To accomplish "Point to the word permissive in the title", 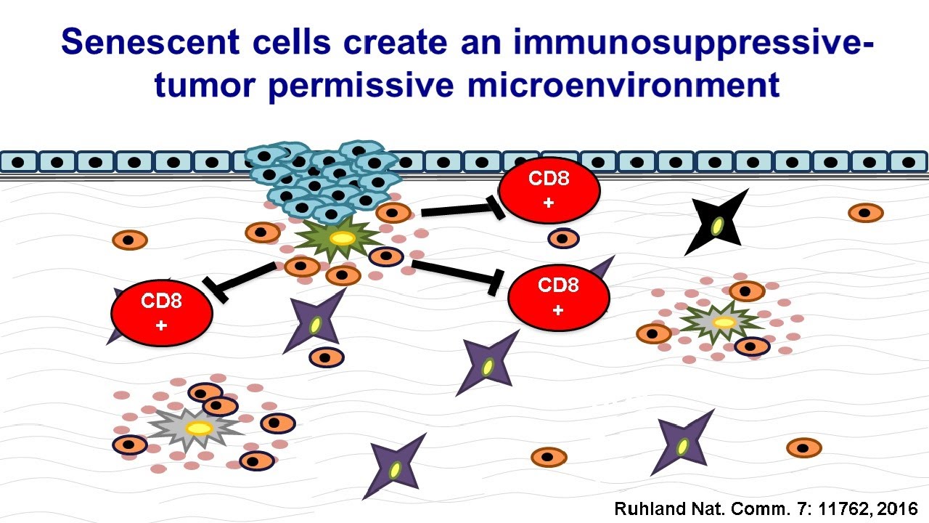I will click(362, 85).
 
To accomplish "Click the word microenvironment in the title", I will click(623, 85).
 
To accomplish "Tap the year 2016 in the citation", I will click(898, 508).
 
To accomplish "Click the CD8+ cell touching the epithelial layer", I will click(549, 190).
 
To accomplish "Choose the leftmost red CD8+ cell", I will click(161, 312).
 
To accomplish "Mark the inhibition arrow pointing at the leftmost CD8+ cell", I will click(240, 278).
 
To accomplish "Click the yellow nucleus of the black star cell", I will click(717, 227).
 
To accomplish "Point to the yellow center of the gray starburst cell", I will click(198, 428).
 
